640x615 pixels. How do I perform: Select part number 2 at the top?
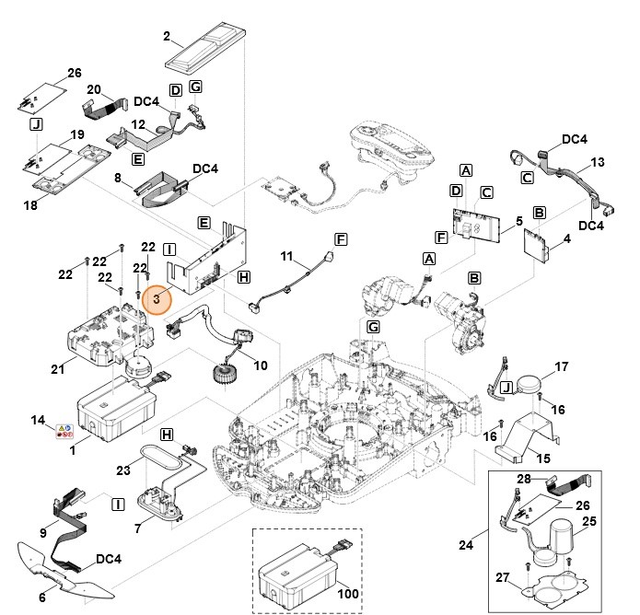pyautogui.click(x=167, y=37)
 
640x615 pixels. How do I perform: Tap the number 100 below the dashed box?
pyautogui.click(x=348, y=595)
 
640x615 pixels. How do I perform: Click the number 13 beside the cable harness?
pyautogui.click(x=597, y=162)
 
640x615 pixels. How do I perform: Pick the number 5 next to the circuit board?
pyautogui.click(x=518, y=221)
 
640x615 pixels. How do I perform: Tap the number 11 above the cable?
pyautogui.click(x=286, y=255)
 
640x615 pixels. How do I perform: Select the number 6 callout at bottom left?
pyautogui.click(x=43, y=598)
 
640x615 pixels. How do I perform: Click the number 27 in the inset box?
pyautogui.click(x=502, y=577)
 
